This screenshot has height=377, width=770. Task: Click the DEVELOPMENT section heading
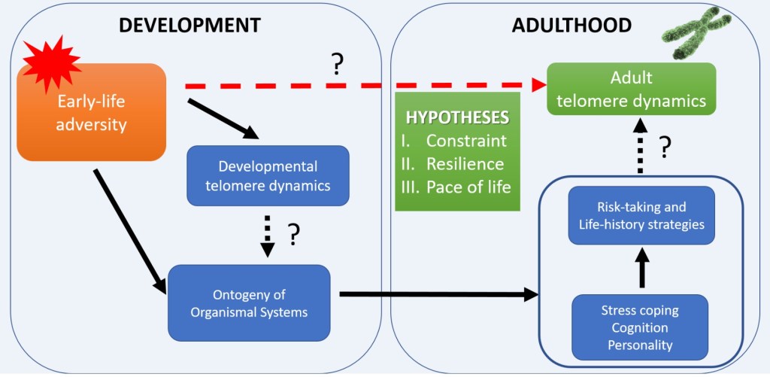point(189,25)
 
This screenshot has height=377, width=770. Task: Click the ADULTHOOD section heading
point(571,25)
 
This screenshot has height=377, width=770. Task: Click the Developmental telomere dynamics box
point(268,175)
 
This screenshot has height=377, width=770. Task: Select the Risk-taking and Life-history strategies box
point(641,216)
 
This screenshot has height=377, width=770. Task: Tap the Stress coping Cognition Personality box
point(641,327)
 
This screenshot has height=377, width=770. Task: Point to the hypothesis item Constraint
point(466,141)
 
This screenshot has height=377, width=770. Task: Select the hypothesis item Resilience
point(465,163)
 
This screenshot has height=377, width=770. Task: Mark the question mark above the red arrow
point(338,66)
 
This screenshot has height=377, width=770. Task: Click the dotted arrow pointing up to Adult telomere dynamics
point(641,147)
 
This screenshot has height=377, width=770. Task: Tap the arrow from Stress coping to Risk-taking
point(641,269)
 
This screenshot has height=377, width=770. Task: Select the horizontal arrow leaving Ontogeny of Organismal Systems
point(439,295)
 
